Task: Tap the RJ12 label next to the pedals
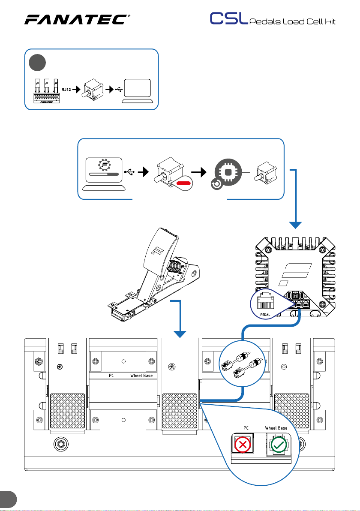(66, 89)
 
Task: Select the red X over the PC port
(243, 444)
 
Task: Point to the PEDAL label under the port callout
(265, 315)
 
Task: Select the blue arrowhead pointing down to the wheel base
(295, 225)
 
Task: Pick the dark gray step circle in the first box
(37, 63)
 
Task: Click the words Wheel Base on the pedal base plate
(141, 376)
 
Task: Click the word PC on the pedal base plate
(111, 376)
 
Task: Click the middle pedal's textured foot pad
(180, 411)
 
